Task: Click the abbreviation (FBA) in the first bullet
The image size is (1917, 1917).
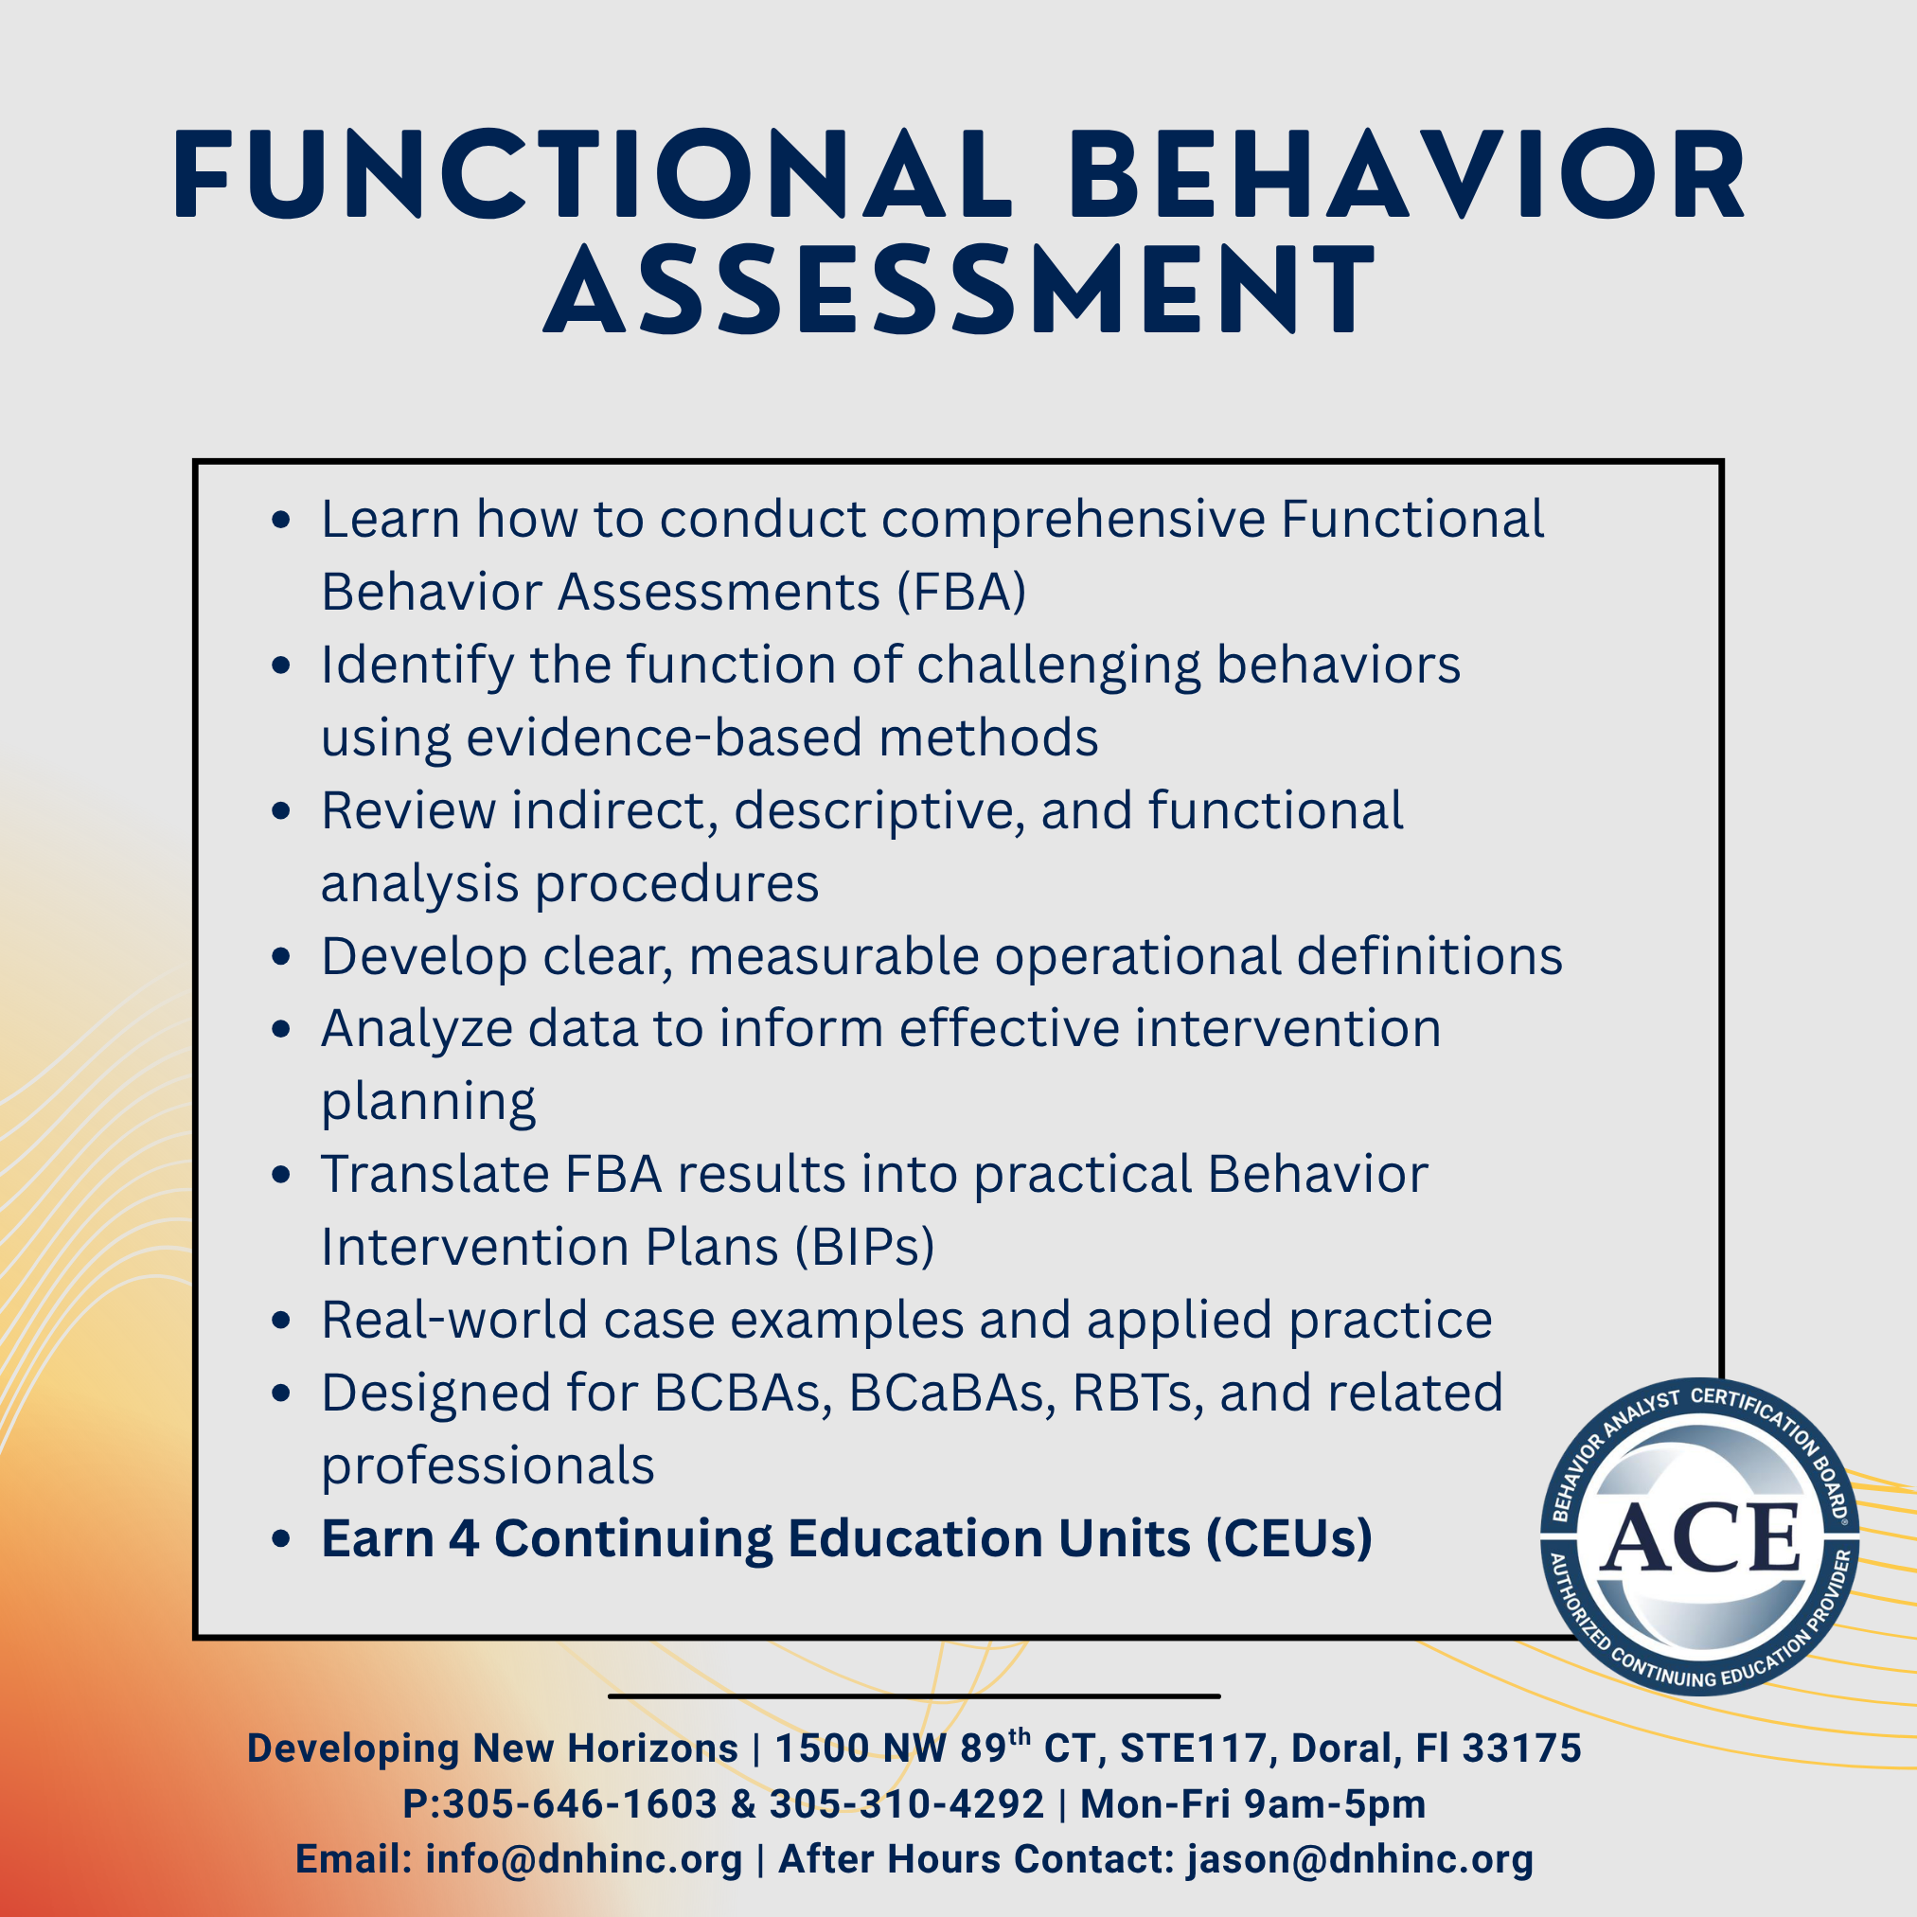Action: (x=962, y=593)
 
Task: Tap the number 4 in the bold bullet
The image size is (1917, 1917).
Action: (x=463, y=1539)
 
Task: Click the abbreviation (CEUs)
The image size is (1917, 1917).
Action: (x=1289, y=1539)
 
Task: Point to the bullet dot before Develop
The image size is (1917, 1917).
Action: (x=281, y=956)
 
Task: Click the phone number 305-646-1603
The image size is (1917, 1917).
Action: (x=579, y=1804)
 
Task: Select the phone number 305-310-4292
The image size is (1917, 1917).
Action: (x=907, y=1804)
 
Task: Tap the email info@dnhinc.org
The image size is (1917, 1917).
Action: (x=583, y=1859)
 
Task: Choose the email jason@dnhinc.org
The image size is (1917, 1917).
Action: (x=1360, y=1859)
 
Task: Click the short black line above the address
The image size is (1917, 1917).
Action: (x=914, y=1695)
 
